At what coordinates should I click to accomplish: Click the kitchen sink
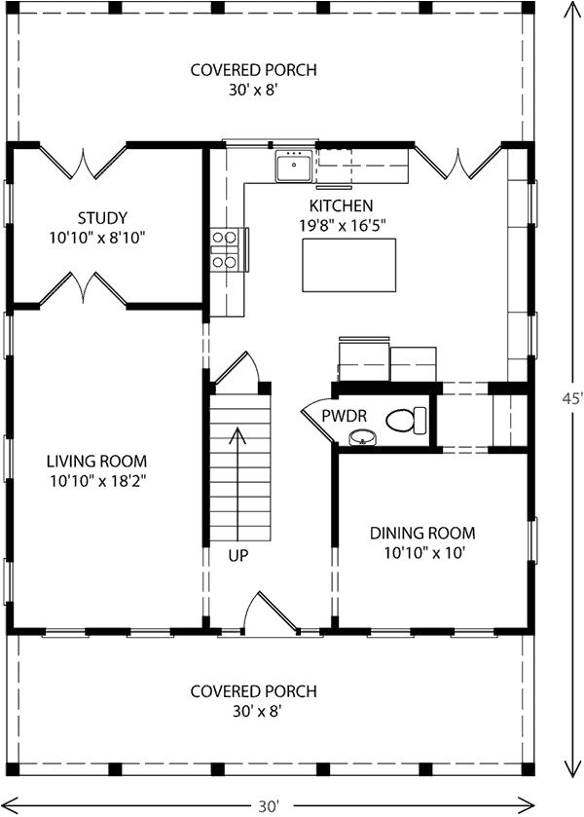[x=293, y=168]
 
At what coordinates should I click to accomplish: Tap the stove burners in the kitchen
[x=225, y=248]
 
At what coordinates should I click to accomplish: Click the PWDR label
[x=345, y=416]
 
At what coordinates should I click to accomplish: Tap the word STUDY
[x=103, y=217]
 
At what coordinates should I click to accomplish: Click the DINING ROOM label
[x=421, y=533]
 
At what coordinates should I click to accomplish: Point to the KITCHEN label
[x=341, y=205]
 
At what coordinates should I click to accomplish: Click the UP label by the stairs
[x=239, y=557]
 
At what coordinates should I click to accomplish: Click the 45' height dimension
[x=573, y=398]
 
